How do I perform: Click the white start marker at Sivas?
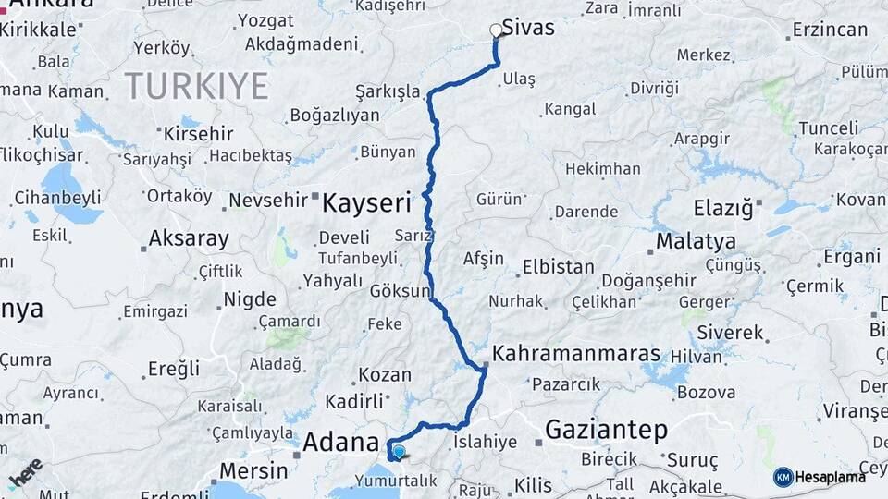point(497,30)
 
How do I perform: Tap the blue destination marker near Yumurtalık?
point(399,452)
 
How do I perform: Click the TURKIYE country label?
point(196,86)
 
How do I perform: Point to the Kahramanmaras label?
point(576,354)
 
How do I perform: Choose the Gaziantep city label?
point(606,429)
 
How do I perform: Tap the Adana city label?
point(341,441)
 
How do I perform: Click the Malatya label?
point(696,241)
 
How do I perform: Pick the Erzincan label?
point(831,30)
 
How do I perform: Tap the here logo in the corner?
point(25,472)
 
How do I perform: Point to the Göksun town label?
point(400,291)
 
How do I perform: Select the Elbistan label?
point(558,266)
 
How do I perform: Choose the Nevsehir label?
point(273,201)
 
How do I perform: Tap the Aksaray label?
point(188,239)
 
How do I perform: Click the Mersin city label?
point(253,470)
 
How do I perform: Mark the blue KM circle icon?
point(783,477)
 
